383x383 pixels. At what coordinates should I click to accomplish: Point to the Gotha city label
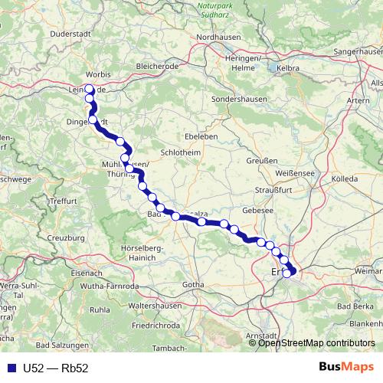[194, 285]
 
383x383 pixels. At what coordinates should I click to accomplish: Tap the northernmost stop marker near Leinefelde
[90, 88]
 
